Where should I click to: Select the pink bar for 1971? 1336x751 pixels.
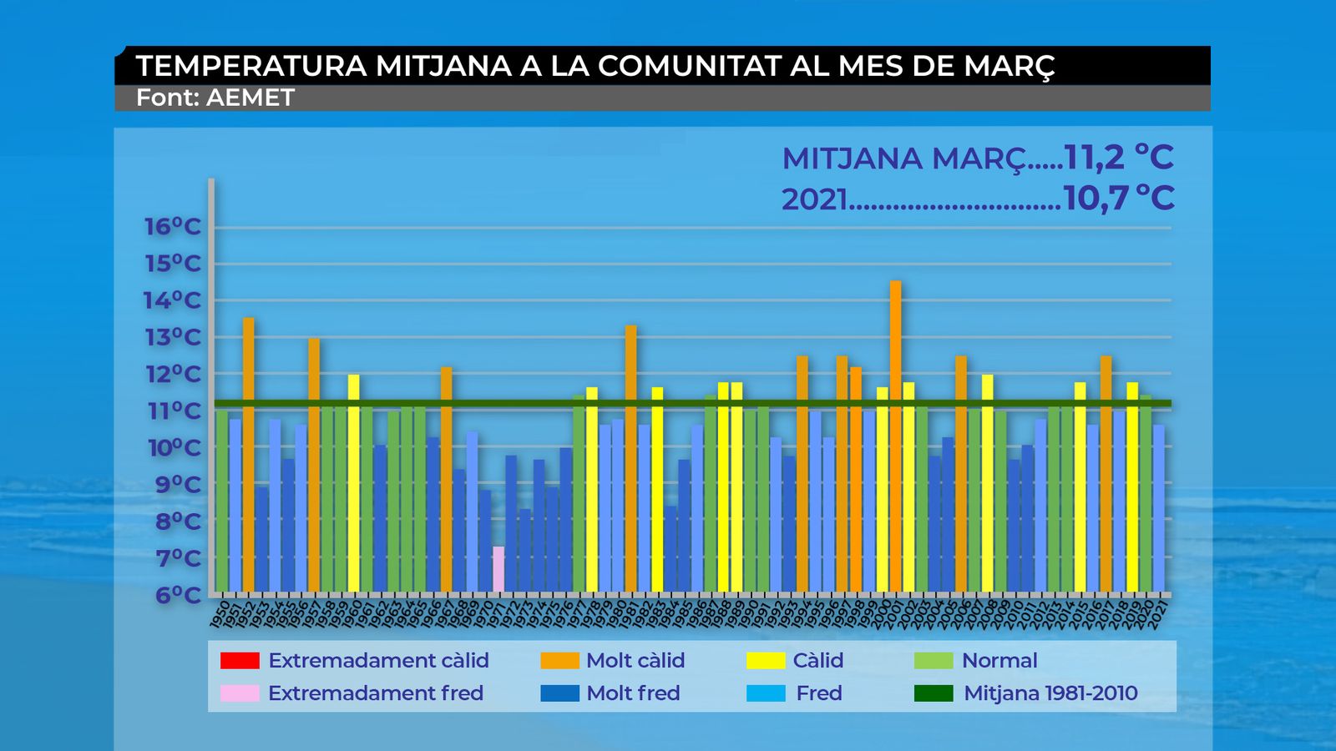(498, 569)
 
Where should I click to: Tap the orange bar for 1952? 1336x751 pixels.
(248, 455)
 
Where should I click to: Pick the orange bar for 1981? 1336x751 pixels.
(630, 459)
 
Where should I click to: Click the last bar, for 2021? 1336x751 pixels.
(1159, 509)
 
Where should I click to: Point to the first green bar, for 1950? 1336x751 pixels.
(222, 501)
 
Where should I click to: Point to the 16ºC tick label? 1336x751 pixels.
(172, 227)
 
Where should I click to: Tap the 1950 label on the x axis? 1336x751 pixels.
(220, 613)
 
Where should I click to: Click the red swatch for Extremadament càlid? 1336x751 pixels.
(240, 661)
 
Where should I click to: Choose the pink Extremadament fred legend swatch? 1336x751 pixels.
(240, 693)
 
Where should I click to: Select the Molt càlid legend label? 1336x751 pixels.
(635, 661)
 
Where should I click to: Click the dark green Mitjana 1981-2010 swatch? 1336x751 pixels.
(934, 693)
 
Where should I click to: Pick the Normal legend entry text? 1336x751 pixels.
(999, 661)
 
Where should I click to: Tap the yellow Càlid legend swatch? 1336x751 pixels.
(766, 661)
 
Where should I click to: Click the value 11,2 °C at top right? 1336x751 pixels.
(1119, 158)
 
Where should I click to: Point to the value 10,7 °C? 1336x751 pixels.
(1119, 199)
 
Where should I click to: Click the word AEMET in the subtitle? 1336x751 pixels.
(250, 98)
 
